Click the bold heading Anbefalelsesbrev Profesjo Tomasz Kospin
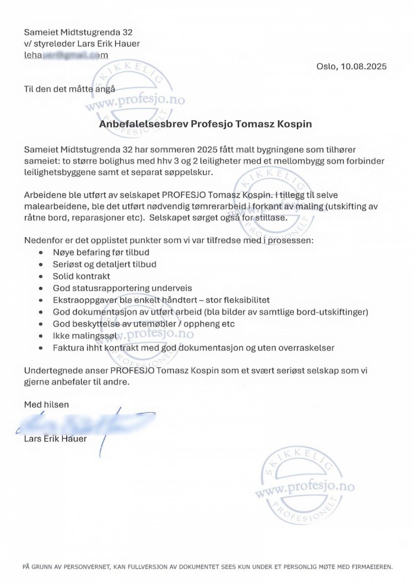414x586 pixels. coord(205,124)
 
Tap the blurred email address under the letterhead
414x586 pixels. coord(66,55)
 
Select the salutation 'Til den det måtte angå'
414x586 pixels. coord(69,89)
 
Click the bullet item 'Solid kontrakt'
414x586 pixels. coord(81,276)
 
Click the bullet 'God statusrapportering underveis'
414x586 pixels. coord(118,288)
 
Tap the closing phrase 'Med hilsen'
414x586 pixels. coord(46,404)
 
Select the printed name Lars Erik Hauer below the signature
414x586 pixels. coord(55,439)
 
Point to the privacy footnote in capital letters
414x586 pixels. coord(207,566)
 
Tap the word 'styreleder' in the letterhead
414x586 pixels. coord(57,43)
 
